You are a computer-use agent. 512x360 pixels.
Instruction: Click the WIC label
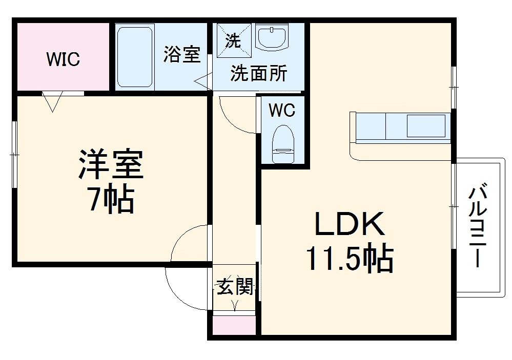63,59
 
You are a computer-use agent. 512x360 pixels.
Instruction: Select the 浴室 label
182,54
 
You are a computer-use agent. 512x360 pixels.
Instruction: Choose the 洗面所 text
258,74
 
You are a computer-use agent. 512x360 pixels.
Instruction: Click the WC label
282,110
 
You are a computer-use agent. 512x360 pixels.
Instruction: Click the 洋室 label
110,164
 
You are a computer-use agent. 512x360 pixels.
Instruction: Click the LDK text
349,225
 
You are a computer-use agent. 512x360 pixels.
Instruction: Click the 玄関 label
234,287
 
